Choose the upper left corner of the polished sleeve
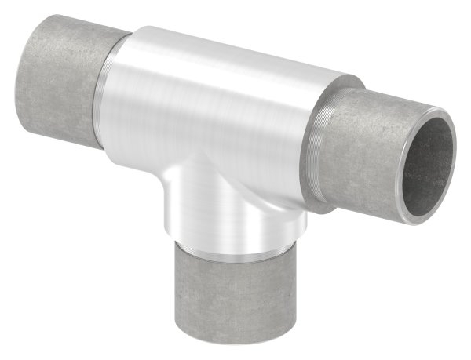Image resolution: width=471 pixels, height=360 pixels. click(141, 29)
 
